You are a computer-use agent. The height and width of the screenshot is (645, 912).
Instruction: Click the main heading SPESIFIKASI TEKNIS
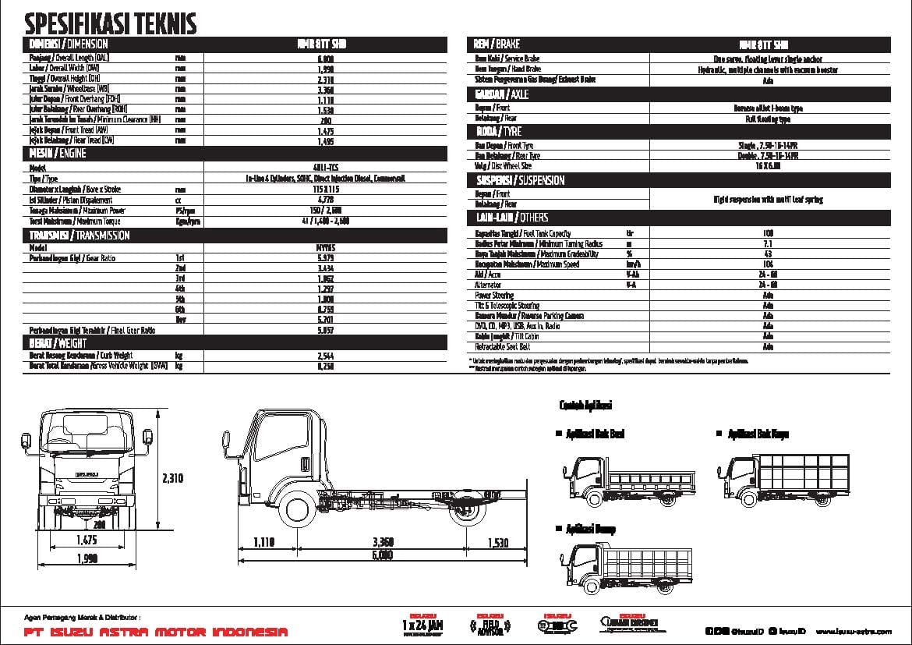point(111,23)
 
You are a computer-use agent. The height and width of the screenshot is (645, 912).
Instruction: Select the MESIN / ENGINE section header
point(58,154)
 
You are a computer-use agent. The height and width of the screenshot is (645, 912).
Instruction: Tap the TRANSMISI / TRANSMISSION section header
point(80,235)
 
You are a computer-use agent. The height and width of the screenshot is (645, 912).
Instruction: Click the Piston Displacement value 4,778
point(325,200)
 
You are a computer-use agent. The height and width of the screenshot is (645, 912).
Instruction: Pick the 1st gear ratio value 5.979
point(325,257)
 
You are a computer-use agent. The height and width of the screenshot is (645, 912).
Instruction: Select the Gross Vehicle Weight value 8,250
point(325,365)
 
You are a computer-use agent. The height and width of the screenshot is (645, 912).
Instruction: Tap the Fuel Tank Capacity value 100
point(768,233)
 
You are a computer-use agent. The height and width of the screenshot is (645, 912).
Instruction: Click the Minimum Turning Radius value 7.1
point(768,244)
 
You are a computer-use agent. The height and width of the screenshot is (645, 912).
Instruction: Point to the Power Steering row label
point(494,296)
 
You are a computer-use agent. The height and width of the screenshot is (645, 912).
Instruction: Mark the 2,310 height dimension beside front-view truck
point(173,478)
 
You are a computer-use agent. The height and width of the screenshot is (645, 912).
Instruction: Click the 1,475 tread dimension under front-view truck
point(87,540)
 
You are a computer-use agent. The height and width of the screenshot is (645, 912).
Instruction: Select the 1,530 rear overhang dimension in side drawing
point(498,543)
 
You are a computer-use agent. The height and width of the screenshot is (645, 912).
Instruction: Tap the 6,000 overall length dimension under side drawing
point(381,555)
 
